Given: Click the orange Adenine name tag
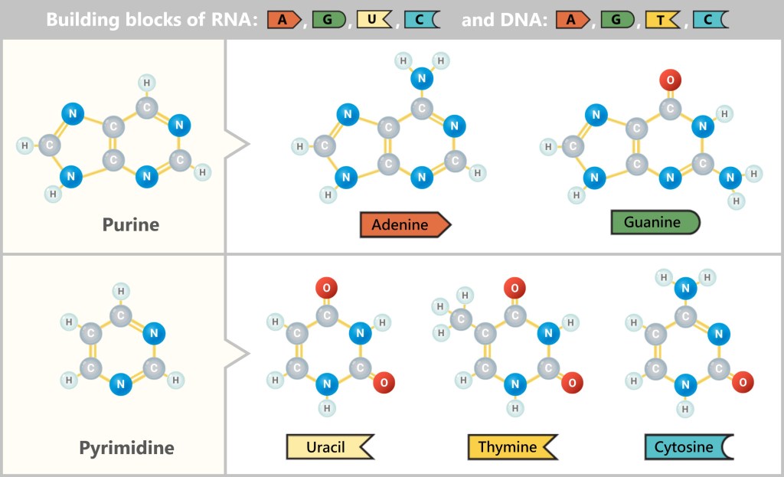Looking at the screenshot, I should [x=405, y=225].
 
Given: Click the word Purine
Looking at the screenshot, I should [x=131, y=225].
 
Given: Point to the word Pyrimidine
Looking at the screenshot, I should [x=126, y=447].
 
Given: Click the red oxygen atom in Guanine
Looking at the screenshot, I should [x=670, y=79].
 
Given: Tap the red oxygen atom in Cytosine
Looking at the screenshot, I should [x=742, y=381].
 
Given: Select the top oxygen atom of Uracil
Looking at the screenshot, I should [x=327, y=289].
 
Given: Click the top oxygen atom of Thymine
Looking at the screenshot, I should [x=514, y=289].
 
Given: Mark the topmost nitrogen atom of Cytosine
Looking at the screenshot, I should [x=686, y=289].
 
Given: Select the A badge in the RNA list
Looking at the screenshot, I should [x=284, y=20].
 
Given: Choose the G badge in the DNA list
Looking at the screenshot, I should [x=617, y=20].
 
